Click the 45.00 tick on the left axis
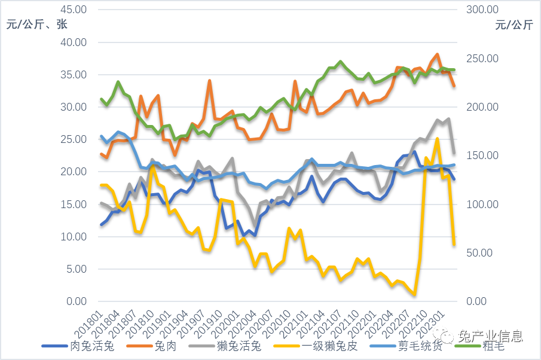point(74,10)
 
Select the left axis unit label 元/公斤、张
point(37,25)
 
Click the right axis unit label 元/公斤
point(514,25)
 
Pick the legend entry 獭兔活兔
point(239,346)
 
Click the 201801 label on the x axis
point(92,323)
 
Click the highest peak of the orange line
point(437,54)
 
